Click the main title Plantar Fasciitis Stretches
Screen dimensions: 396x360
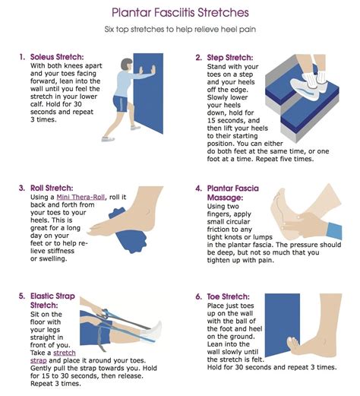point(179,12)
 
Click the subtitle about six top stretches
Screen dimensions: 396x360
point(179,33)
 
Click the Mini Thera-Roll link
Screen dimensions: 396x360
point(79,198)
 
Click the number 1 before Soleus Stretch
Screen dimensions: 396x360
point(21,57)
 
